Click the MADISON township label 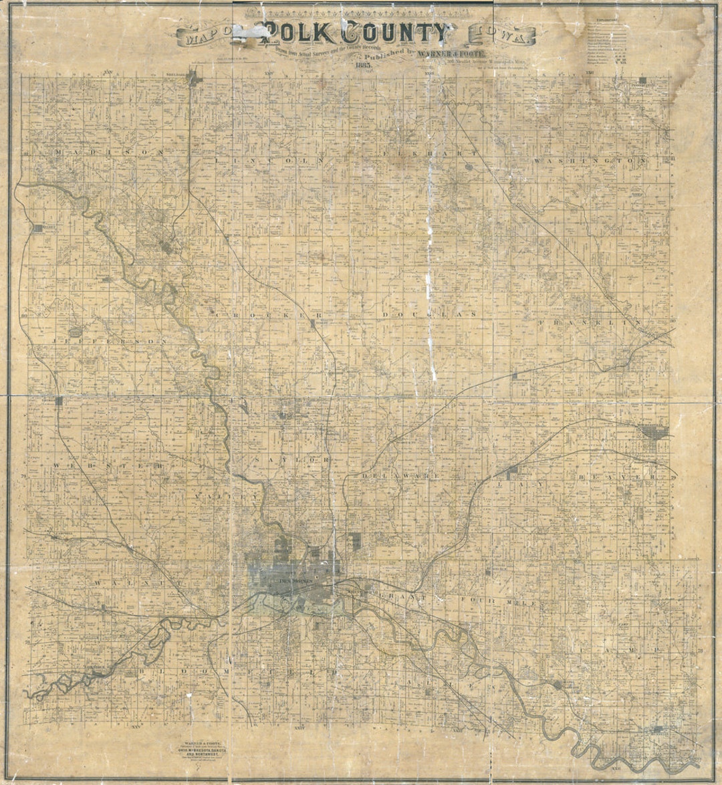pyautogui.click(x=108, y=152)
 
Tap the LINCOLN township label pyautogui.click(x=270, y=160)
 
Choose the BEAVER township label pyautogui.click(x=615, y=476)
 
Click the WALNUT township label pyautogui.click(x=131, y=583)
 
